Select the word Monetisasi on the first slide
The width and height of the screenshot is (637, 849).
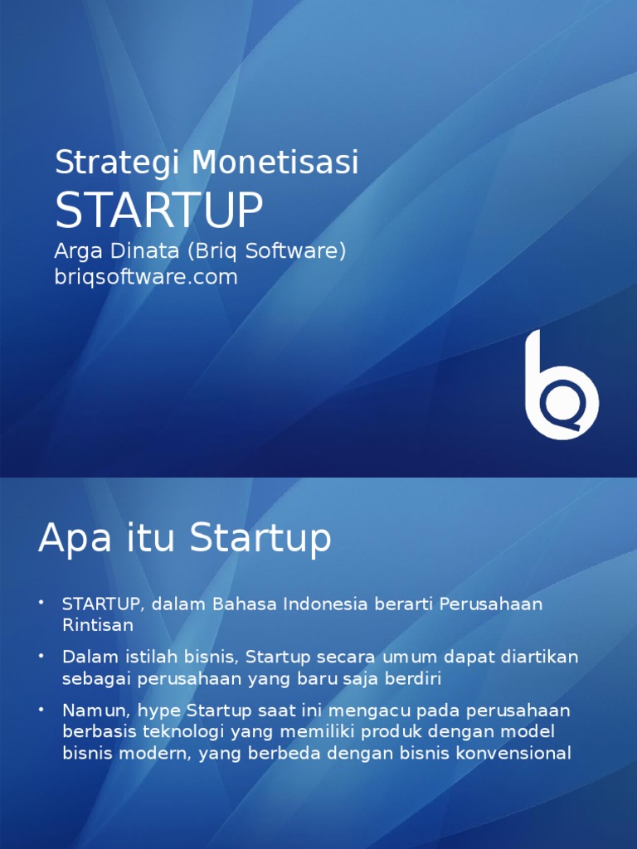275,162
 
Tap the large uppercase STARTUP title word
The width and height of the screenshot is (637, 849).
159,210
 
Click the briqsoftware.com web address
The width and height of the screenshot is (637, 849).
146,277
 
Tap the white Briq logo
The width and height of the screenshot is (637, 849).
562,385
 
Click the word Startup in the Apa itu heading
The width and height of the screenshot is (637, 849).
260,538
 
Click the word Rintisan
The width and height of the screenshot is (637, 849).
98,625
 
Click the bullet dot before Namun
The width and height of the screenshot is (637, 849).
41,710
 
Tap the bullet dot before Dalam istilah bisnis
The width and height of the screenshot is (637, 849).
41,656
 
